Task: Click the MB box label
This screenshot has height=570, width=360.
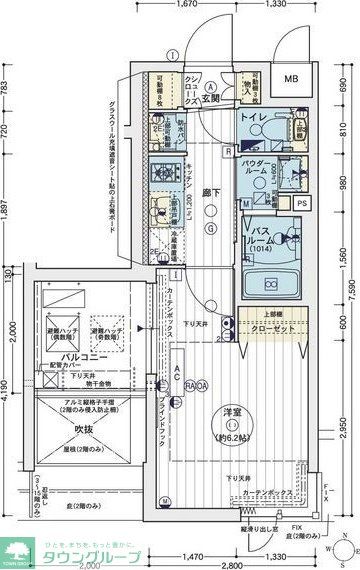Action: (x=291, y=79)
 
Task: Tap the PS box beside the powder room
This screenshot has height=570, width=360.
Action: (x=302, y=203)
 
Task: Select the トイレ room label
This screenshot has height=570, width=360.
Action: (x=251, y=117)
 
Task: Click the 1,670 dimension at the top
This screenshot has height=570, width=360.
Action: (x=212, y=5)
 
